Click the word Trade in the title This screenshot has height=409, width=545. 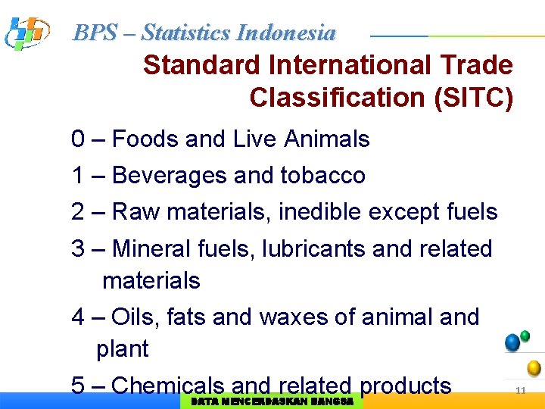tap(475, 65)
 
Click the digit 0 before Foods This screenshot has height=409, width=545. tap(78, 139)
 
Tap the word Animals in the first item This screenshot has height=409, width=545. tap(327, 139)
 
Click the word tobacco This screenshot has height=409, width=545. tap(322, 176)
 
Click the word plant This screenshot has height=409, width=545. tap(123, 349)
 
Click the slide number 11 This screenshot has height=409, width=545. tap(520, 390)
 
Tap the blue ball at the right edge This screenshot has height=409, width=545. tap(512, 342)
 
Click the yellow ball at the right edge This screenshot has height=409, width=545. tap(534, 368)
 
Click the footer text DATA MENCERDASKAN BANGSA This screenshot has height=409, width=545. tap(272, 401)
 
